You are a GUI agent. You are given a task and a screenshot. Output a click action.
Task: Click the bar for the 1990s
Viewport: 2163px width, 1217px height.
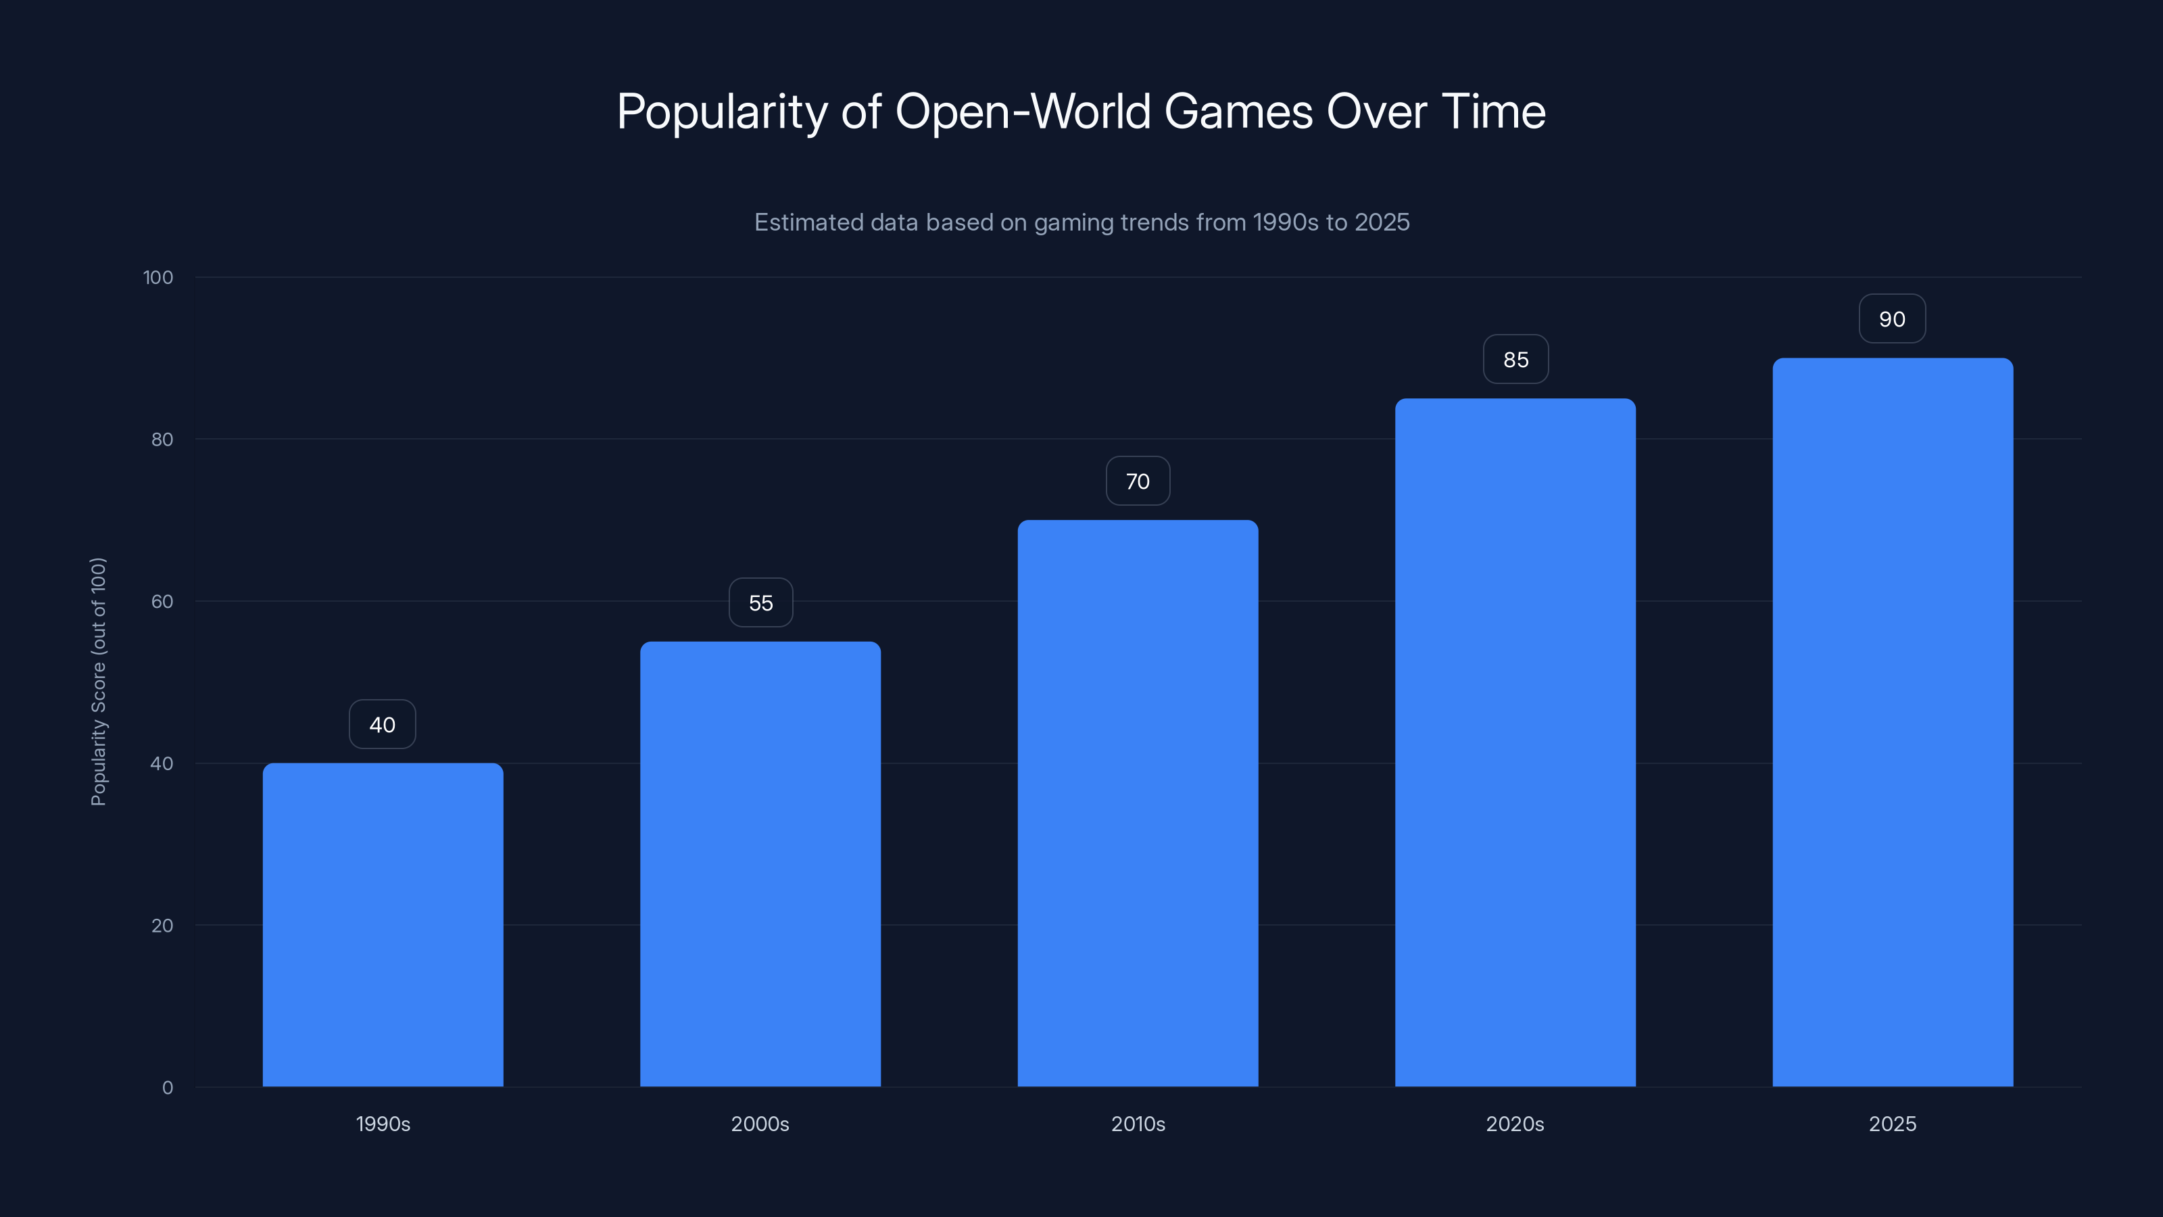coord(383,924)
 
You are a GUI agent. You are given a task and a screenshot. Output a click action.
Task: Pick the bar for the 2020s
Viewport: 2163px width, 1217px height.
coord(1515,742)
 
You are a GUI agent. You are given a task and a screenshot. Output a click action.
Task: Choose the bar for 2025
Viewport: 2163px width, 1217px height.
coord(1893,722)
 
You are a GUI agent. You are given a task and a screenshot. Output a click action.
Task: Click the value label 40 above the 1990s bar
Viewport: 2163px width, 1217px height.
coord(382,725)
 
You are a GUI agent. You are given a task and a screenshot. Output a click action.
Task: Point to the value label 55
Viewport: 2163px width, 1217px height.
coord(760,603)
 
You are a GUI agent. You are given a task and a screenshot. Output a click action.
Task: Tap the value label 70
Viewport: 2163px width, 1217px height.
coord(1138,481)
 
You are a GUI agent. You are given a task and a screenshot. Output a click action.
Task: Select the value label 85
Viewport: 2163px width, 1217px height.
coord(1515,360)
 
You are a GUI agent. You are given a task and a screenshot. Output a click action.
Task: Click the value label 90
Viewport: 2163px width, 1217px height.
coord(1892,319)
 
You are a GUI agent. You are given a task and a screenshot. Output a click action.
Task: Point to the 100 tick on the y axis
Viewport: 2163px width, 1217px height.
coord(158,277)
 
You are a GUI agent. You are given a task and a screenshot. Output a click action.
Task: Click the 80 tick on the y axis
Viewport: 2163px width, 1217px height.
coord(162,439)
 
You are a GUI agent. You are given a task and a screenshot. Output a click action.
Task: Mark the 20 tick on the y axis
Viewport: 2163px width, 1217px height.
coord(162,926)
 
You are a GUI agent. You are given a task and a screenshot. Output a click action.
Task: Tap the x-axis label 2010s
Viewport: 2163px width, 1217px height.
coord(1138,1124)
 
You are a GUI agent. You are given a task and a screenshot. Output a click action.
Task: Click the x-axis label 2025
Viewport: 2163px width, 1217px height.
coord(1893,1124)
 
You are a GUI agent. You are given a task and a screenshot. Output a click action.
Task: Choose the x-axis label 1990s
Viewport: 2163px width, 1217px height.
coord(383,1124)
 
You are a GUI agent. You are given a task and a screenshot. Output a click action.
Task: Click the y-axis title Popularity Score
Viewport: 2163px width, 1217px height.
coord(98,681)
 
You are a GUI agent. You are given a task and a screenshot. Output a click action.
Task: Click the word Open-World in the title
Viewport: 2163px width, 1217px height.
coord(1022,112)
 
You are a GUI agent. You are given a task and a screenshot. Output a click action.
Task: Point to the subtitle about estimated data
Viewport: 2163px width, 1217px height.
coord(1081,222)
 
